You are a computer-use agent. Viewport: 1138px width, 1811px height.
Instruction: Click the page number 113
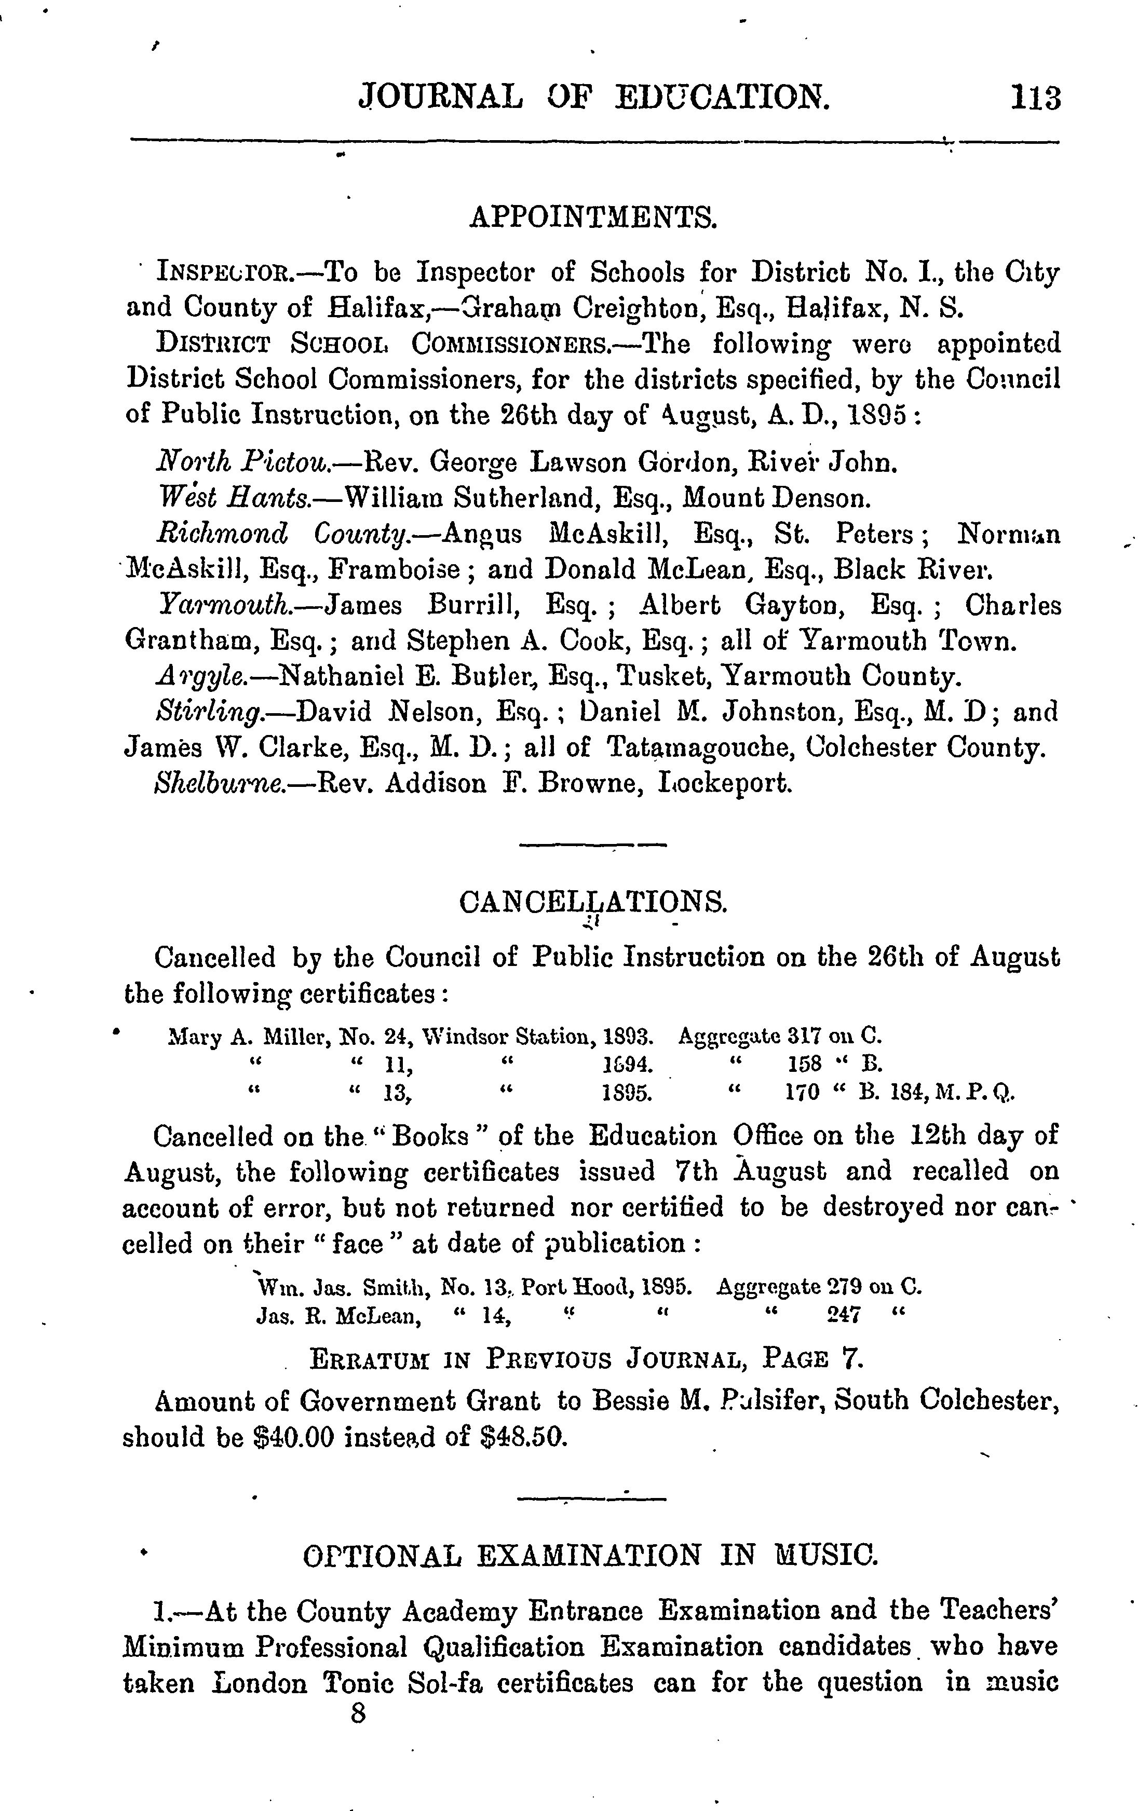pyautogui.click(x=1036, y=99)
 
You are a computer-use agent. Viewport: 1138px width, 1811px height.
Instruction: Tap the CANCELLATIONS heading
pyautogui.click(x=593, y=902)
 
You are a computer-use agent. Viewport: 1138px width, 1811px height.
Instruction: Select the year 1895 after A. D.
pyautogui.click(x=878, y=416)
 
